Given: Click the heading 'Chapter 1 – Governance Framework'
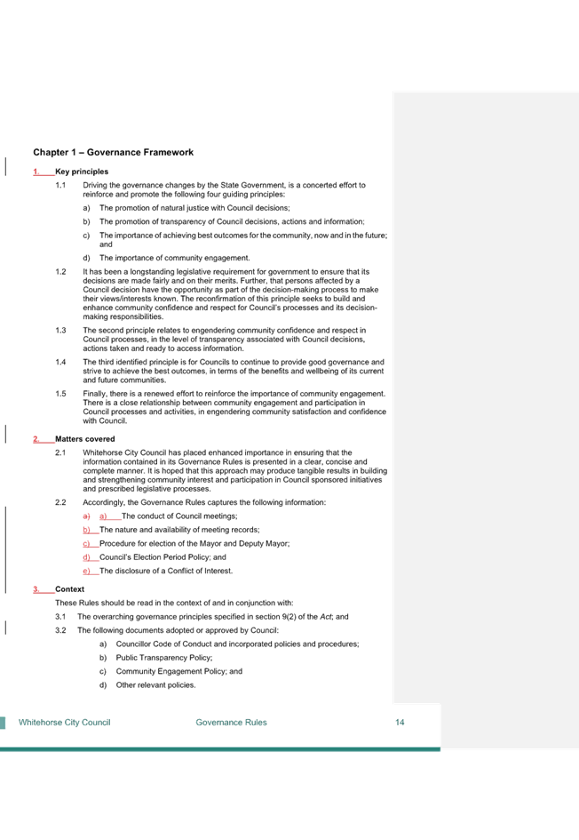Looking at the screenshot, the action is (x=113, y=152).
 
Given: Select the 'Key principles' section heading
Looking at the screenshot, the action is (x=82, y=172).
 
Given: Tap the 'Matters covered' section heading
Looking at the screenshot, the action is (x=84, y=439).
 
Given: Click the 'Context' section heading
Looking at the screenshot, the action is (x=69, y=588).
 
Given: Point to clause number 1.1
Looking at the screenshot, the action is (x=60, y=185).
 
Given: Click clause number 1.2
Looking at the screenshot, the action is (x=60, y=272).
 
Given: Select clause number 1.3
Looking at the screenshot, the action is (x=60, y=330).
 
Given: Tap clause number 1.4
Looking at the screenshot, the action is (x=60, y=362).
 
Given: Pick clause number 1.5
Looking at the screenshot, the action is (x=60, y=393).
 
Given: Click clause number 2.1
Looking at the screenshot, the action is (x=60, y=452).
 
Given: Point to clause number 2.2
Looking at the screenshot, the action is (x=60, y=502).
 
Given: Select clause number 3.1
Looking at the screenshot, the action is (x=60, y=617).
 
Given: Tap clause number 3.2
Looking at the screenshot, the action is (x=60, y=630).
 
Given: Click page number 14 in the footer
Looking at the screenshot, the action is (x=400, y=722).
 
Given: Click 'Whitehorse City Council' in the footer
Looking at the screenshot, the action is (x=64, y=722).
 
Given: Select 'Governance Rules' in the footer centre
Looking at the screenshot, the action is (x=231, y=722).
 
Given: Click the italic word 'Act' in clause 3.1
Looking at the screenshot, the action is (x=326, y=617).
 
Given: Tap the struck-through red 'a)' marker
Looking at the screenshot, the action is (x=86, y=516).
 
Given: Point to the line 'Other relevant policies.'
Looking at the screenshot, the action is (x=155, y=684).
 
